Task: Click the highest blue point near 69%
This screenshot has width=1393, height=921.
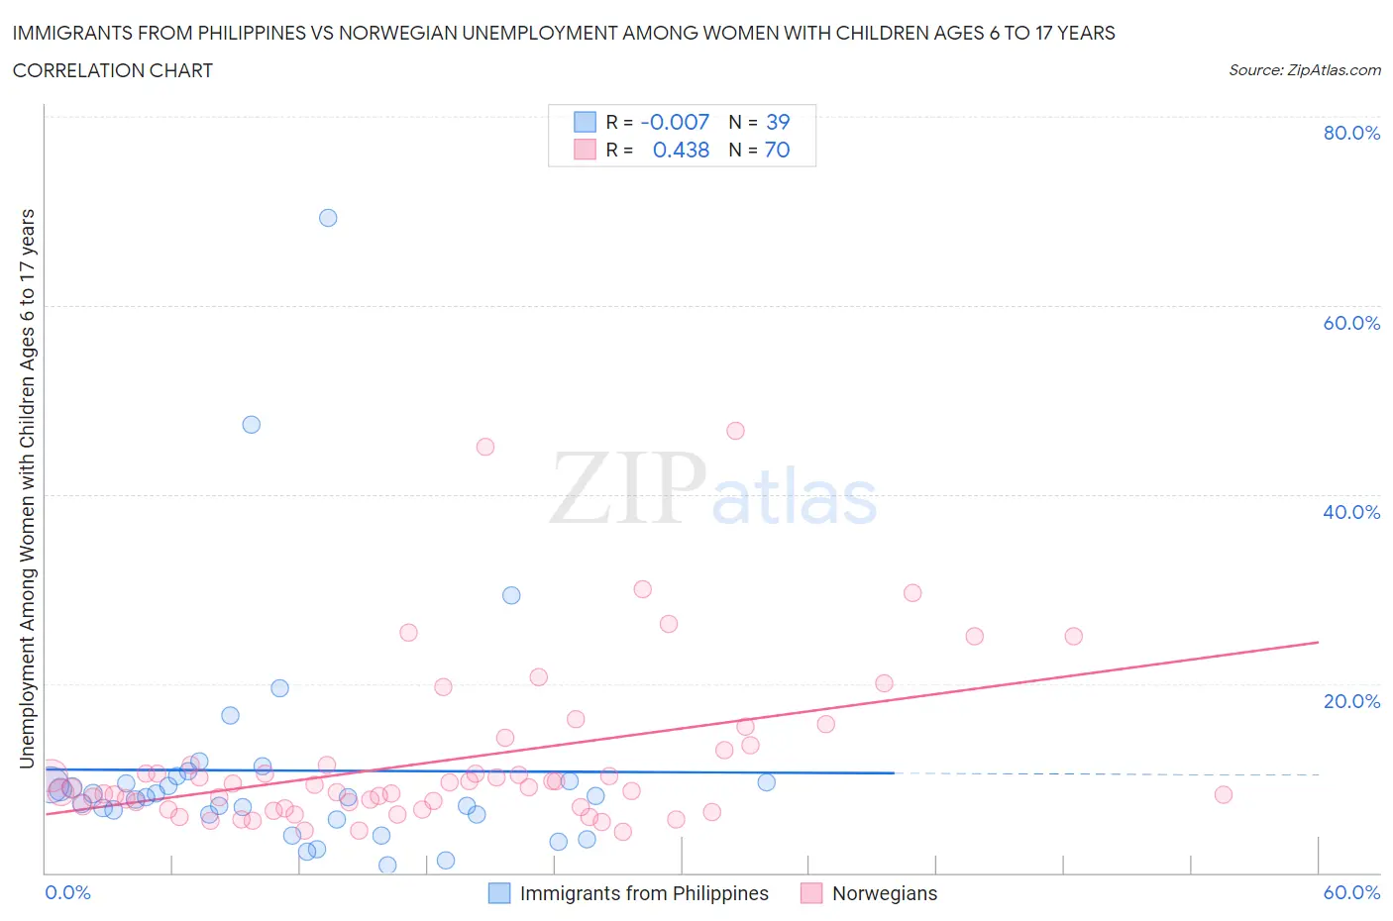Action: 328,218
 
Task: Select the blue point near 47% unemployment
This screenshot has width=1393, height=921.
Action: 252,425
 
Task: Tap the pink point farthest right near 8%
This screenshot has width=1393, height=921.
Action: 1223,794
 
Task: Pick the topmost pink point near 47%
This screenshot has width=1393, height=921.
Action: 735,431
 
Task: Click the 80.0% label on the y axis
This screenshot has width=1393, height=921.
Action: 1351,133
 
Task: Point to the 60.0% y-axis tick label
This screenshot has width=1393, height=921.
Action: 1351,323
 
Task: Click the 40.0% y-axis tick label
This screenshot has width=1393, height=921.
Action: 1351,512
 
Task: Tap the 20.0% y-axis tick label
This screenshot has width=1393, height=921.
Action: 1351,701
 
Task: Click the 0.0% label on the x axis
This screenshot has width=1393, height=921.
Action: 68,892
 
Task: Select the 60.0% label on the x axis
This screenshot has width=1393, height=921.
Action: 1351,892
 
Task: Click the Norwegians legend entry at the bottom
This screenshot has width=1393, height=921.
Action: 884,893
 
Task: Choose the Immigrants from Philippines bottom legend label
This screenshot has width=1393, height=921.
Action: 644,893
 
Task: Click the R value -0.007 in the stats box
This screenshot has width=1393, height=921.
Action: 675,122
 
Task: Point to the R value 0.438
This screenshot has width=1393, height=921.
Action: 681,150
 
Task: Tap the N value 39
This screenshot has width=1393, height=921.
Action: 778,122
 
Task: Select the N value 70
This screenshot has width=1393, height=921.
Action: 778,150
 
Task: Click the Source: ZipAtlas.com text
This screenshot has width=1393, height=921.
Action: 1304,70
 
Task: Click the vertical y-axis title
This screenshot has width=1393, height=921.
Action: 28,488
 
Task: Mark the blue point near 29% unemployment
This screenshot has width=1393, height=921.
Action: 511,595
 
